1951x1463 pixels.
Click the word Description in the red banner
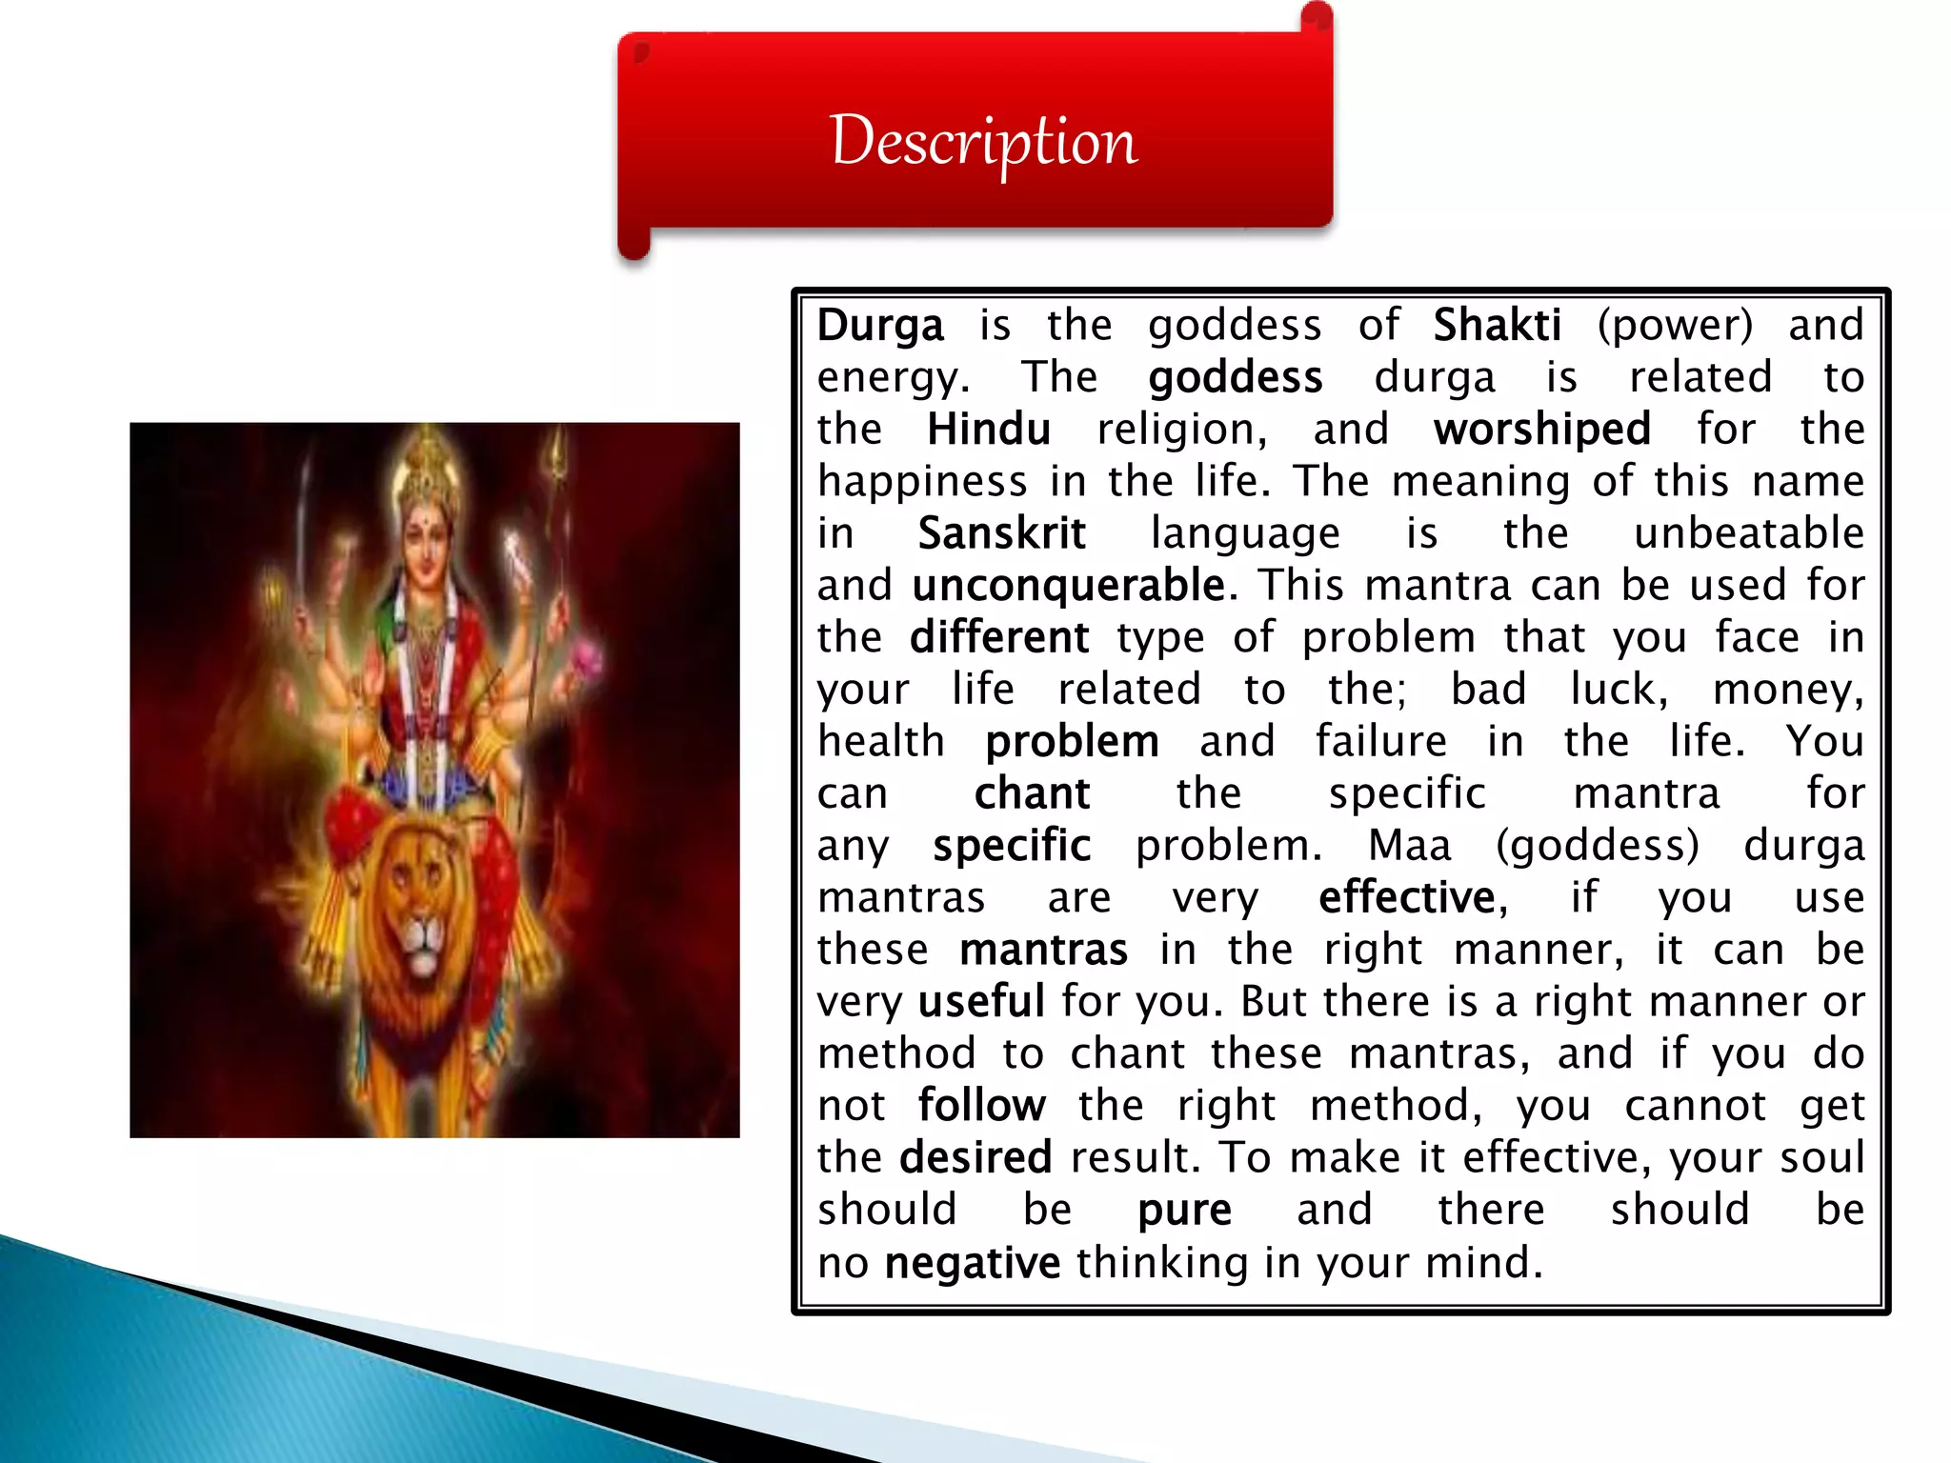(x=983, y=141)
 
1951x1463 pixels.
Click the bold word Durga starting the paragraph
(x=880, y=326)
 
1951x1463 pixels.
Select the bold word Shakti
(x=1497, y=326)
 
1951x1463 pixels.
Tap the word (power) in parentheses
(x=1675, y=326)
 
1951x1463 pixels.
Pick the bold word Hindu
(x=988, y=430)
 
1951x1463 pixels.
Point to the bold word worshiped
(x=1541, y=430)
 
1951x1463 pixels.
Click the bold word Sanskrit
(x=1001, y=533)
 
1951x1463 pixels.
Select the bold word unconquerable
(x=1068, y=585)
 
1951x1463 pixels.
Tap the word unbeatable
(x=1748, y=533)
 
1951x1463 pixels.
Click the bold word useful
(x=981, y=1001)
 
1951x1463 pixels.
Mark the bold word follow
(x=981, y=1106)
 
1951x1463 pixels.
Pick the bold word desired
(x=975, y=1157)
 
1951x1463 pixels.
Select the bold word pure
(x=1184, y=1210)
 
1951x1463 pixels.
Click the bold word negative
(x=972, y=1262)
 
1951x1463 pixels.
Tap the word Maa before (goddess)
(x=1409, y=846)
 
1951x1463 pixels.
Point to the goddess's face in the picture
(x=426, y=533)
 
